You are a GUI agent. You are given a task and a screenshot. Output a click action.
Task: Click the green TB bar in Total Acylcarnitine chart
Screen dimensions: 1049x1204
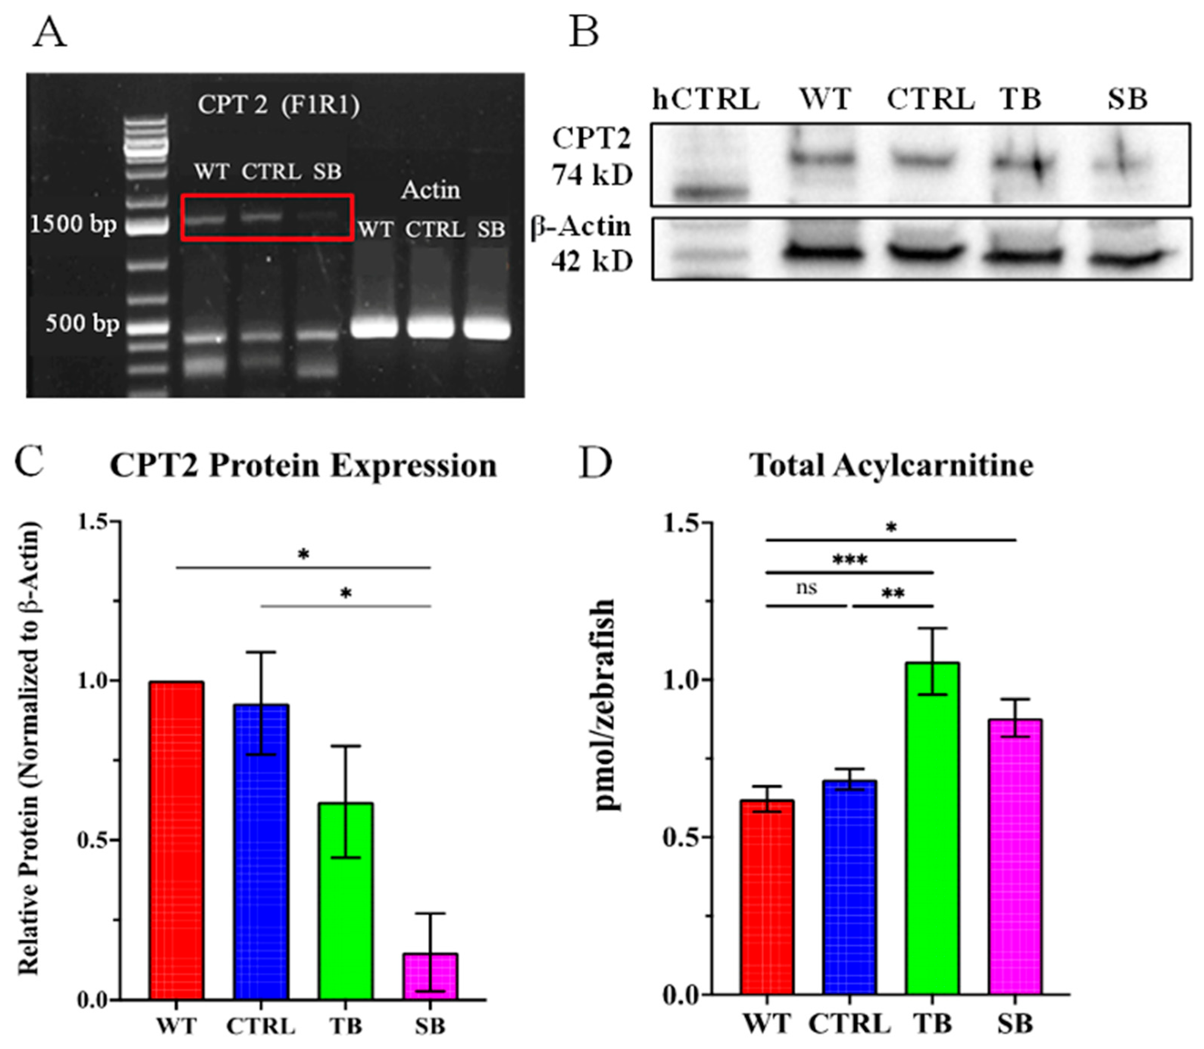point(932,831)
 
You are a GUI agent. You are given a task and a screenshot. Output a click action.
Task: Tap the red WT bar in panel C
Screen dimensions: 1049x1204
point(177,843)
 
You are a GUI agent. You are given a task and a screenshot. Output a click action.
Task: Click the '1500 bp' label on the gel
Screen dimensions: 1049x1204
point(74,224)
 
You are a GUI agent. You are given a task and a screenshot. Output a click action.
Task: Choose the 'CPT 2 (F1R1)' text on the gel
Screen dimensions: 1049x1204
point(278,105)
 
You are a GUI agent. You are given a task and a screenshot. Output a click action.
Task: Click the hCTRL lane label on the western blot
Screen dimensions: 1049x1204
point(706,100)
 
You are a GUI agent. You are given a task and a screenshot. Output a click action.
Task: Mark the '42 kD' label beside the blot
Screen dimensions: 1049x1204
point(593,261)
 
